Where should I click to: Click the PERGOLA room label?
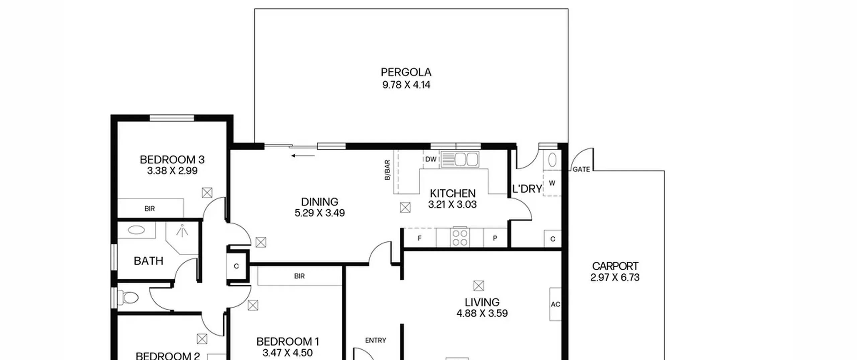click(406, 72)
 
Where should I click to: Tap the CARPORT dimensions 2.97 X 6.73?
click(615, 278)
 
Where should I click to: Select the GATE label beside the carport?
click(581, 169)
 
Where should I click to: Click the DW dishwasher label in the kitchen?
click(431, 159)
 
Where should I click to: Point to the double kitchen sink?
click(460, 159)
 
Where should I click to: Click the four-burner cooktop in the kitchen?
click(460, 237)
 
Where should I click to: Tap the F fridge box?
click(419, 238)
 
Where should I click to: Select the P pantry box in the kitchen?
click(495, 238)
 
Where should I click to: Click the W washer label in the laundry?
click(552, 183)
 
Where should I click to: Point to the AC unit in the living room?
click(555, 304)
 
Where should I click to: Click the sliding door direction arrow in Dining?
click(303, 156)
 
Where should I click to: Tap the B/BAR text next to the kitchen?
click(387, 170)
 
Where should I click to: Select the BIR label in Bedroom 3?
click(150, 209)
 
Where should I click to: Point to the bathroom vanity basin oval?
click(137, 230)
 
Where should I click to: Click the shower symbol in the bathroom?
click(182, 231)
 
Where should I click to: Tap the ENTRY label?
click(376, 340)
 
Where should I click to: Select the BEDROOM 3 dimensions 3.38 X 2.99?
click(172, 171)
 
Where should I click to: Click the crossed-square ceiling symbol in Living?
click(479, 286)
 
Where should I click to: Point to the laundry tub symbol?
click(552, 160)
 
